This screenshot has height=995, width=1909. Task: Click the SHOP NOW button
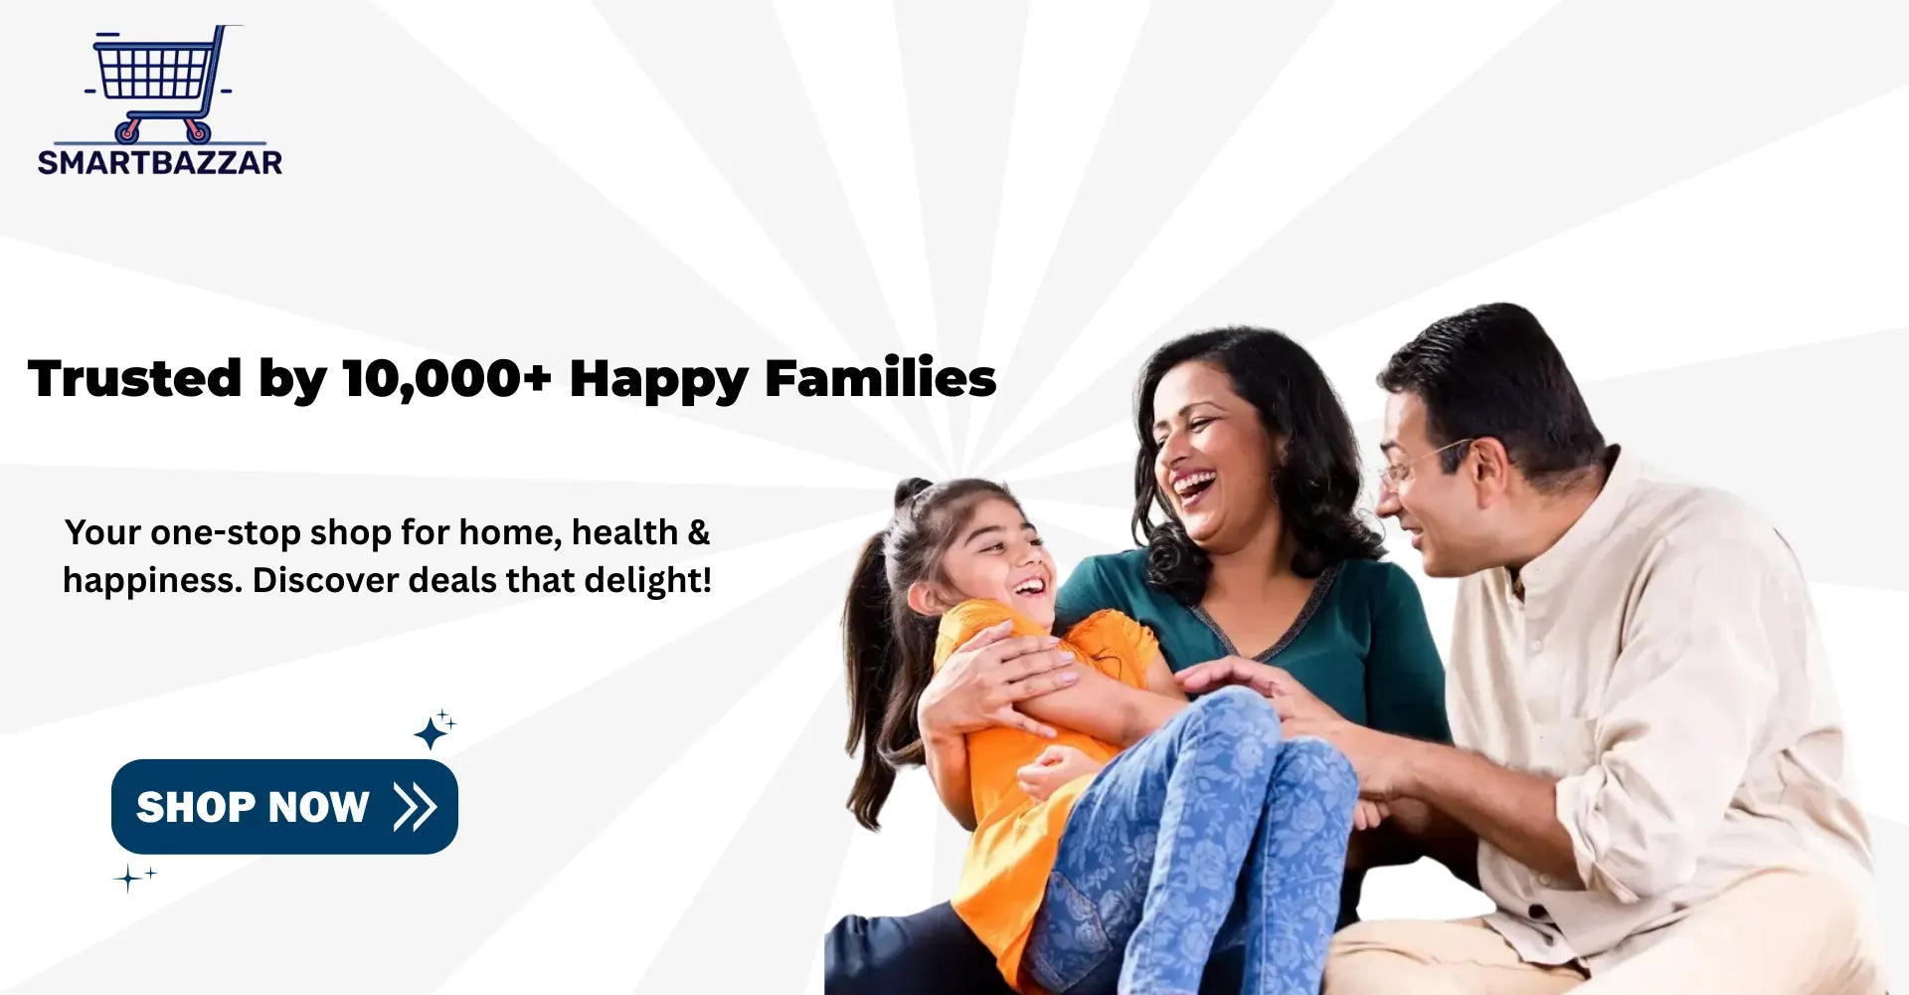pyautogui.click(x=284, y=806)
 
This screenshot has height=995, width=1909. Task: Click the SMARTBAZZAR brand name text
pyautogui.click(x=160, y=162)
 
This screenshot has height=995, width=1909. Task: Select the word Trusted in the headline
pyautogui.click(x=135, y=378)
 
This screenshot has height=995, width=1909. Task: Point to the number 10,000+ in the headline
pyautogui.click(x=446, y=379)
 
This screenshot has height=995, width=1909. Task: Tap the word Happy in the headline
pyautogui.click(x=658, y=380)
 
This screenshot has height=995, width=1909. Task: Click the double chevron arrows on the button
pyautogui.click(x=415, y=806)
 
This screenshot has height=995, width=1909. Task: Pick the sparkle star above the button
pyautogui.click(x=434, y=730)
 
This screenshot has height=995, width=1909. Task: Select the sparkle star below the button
pyautogui.click(x=134, y=878)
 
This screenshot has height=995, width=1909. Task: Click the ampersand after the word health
pyautogui.click(x=699, y=532)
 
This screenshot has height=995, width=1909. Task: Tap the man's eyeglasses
pyautogui.click(x=1422, y=460)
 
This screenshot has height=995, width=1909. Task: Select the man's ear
pyautogui.click(x=1487, y=472)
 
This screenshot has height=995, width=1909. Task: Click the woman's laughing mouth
pyautogui.click(x=1194, y=486)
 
